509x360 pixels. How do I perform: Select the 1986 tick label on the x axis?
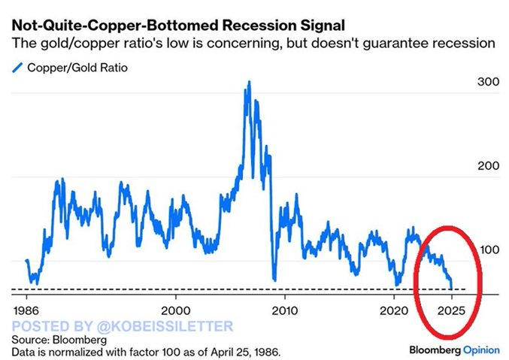[x=27, y=309]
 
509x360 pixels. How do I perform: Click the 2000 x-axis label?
[x=177, y=309]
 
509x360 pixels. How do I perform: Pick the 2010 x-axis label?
[x=284, y=309]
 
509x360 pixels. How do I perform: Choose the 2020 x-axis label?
[x=394, y=309]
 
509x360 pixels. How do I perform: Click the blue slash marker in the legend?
[x=17, y=68]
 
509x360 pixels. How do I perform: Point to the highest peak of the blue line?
[x=248, y=82]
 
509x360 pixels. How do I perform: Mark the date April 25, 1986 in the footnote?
[x=244, y=352]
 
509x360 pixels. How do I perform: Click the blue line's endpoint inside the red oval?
[x=451, y=287]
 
